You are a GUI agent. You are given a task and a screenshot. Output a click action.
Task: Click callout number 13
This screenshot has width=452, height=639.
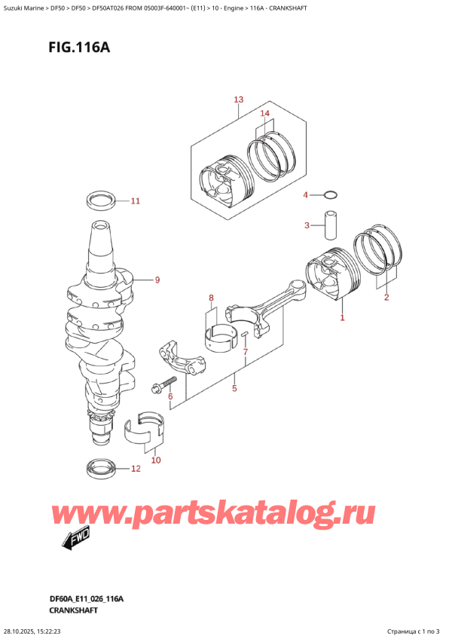tap(239, 99)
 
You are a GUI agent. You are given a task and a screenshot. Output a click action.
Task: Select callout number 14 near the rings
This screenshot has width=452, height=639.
tap(264, 113)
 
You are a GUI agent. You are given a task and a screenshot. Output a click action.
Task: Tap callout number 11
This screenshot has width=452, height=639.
tap(135, 201)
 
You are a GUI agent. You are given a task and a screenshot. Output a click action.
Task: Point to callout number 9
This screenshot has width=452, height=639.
tap(157, 280)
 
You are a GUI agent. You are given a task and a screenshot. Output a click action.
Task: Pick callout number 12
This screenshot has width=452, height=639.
tap(135, 469)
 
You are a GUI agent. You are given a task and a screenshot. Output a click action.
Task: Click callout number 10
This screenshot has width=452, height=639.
tap(156, 460)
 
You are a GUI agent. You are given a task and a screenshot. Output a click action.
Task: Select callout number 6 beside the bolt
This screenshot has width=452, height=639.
tap(171, 396)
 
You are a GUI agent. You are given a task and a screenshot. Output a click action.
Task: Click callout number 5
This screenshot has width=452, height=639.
tap(234, 389)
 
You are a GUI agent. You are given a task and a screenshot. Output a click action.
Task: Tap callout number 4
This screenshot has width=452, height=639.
tap(306, 195)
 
